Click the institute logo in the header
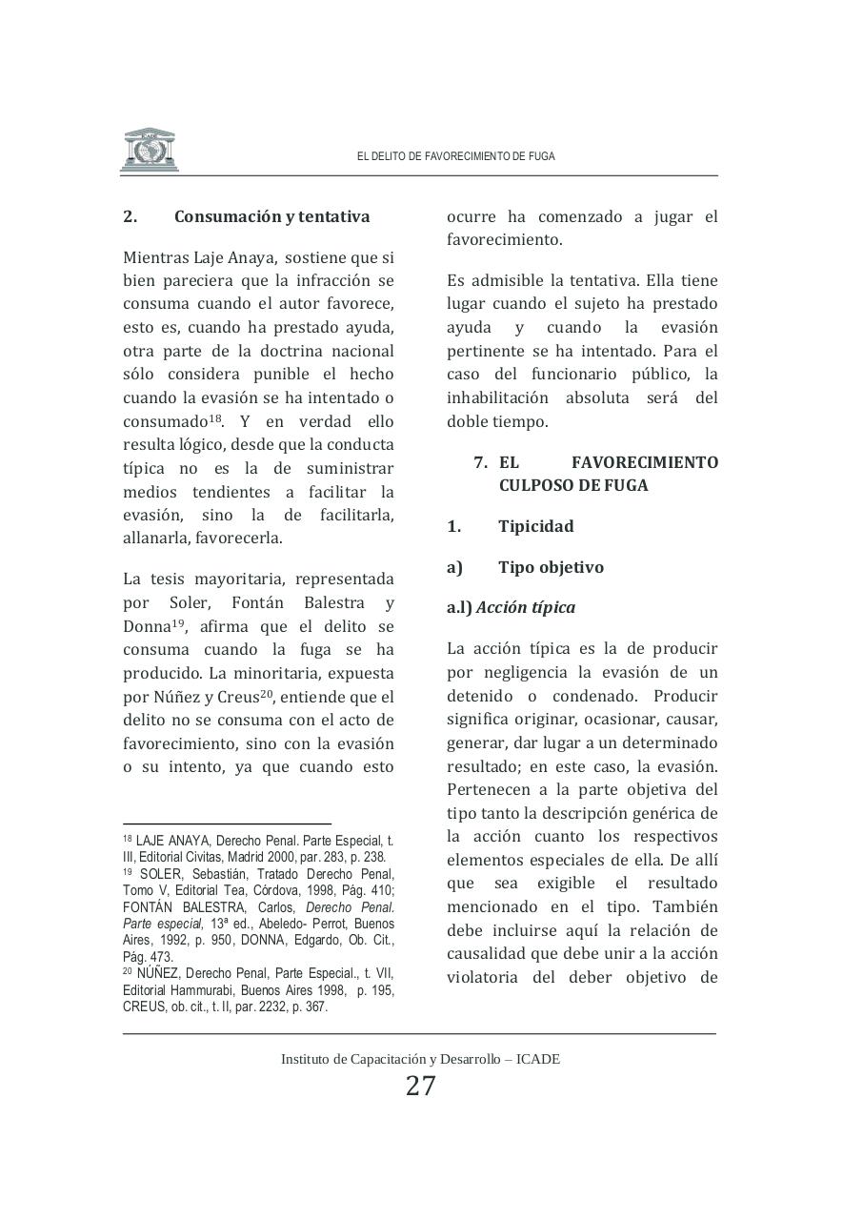(150, 150)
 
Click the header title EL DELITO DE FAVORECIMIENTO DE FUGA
(455, 156)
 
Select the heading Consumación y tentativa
(271, 216)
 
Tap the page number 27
(420, 1086)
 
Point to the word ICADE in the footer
(538, 1059)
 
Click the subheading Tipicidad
(535, 526)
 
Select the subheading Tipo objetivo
(551, 567)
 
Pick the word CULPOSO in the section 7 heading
(538, 485)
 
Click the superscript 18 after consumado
(215, 417)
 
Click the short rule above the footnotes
(227, 823)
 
